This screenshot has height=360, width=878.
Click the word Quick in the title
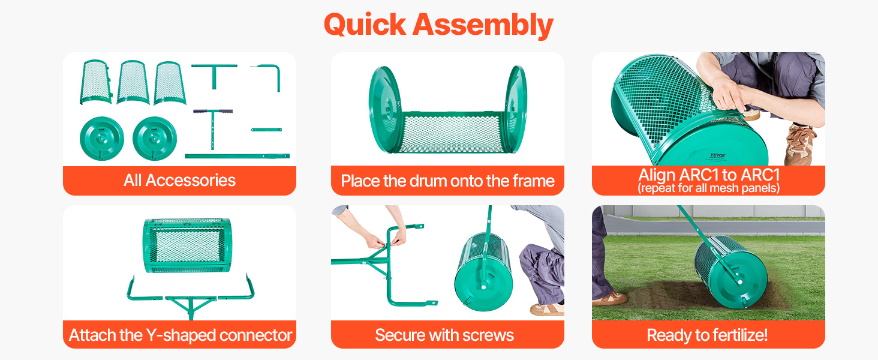click(364, 25)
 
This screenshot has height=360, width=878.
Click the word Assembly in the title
click(483, 25)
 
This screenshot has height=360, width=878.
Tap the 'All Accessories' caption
click(179, 181)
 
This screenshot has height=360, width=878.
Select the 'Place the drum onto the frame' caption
click(447, 181)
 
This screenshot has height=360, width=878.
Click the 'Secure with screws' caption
click(444, 335)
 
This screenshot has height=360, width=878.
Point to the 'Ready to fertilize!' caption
click(707, 335)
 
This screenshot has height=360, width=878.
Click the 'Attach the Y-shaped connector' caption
click(181, 335)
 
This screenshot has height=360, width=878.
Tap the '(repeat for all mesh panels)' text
click(709, 188)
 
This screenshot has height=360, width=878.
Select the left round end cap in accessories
click(102, 139)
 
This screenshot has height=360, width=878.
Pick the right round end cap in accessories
click(155, 139)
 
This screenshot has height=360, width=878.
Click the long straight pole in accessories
click(237, 156)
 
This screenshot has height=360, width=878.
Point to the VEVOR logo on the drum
click(718, 155)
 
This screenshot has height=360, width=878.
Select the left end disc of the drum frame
click(385, 109)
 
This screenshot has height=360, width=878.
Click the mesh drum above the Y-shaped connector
click(188, 245)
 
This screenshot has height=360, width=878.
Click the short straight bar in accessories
click(266, 130)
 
